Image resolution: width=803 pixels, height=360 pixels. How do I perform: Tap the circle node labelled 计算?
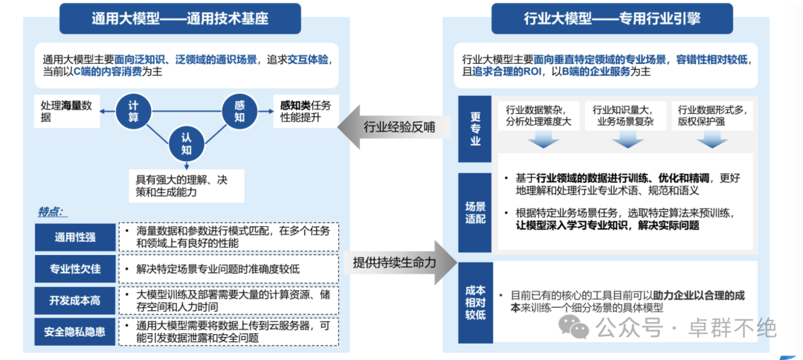pos(133,112)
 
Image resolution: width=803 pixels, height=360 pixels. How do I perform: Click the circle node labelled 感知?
pos(239,112)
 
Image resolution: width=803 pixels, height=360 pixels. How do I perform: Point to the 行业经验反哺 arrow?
pos(394,127)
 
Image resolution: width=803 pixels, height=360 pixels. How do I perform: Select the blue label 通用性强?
pos(75,237)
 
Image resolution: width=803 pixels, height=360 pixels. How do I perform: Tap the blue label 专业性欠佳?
pos(75,269)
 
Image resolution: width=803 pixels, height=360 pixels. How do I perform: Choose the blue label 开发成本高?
pos(75,300)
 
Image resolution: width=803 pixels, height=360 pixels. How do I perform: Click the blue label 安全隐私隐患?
pos(75,332)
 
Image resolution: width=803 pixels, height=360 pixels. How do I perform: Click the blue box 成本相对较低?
pos(475,303)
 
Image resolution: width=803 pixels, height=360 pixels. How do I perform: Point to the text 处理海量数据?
pos(67,112)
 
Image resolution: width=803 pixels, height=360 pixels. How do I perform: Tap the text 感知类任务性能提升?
pos(306,112)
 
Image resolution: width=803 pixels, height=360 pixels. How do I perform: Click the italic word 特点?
pos(51,211)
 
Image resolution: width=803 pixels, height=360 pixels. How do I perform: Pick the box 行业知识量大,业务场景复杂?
pos(623,115)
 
